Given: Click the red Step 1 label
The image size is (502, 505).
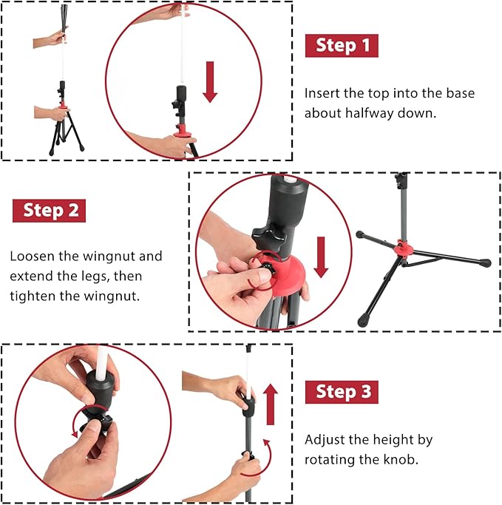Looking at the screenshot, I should click(342, 45).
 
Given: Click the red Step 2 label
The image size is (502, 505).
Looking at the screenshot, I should click(50, 210).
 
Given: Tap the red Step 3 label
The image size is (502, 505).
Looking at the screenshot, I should click(342, 392).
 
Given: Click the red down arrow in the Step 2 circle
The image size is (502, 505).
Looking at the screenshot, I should click(320, 254).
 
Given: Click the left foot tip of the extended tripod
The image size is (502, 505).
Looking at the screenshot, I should click(359, 234).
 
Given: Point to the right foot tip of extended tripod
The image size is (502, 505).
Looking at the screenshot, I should click(485, 262).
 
